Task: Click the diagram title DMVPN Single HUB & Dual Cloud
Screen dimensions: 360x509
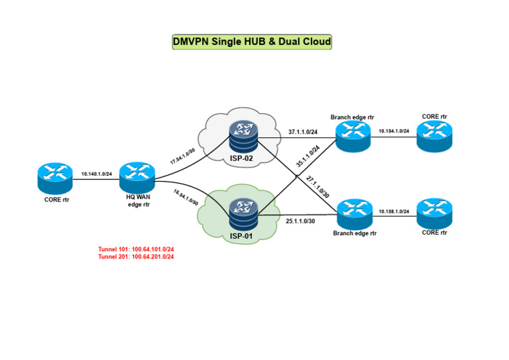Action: [251, 42]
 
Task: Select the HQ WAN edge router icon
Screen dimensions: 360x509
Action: [137, 175]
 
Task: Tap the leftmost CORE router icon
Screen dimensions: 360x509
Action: [54, 178]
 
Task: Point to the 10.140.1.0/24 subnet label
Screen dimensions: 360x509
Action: [97, 174]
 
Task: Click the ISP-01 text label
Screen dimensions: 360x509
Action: [241, 235]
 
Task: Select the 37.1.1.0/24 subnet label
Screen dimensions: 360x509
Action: [303, 131]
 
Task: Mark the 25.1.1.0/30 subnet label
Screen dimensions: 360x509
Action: [300, 220]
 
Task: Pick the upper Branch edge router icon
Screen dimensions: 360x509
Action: [353, 136]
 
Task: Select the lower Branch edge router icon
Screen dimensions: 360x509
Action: [355, 214]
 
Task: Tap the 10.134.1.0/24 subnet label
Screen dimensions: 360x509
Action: [394, 131]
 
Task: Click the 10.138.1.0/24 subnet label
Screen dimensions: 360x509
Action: [394, 211]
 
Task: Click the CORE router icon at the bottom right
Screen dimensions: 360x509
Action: [435, 212]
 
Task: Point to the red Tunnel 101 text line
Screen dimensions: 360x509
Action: [135, 249]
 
